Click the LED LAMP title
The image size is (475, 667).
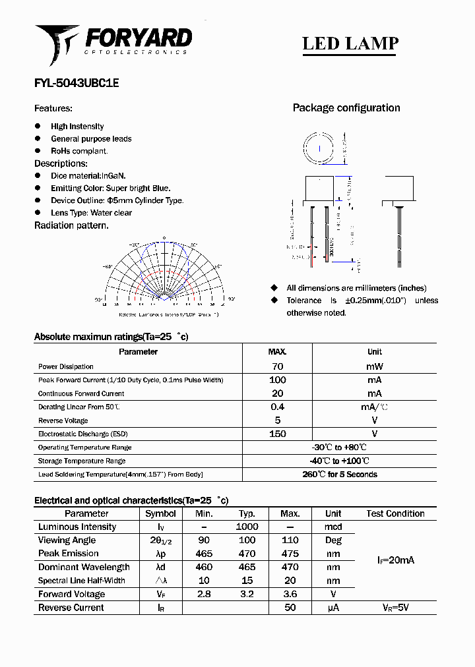(350, 43)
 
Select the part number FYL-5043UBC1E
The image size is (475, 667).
(77, 84)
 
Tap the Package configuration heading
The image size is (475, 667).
(346, 108)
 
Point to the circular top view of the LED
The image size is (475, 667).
(319, 149)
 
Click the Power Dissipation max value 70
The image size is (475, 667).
(277, 366)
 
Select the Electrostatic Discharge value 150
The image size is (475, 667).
(277, 434)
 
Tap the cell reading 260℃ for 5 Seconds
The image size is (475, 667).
(339, 475)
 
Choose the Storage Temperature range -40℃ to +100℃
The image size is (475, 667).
(339, 461)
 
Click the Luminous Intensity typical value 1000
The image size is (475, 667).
(247, 527)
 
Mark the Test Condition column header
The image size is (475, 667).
(395, 513)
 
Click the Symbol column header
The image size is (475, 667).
(160, 513)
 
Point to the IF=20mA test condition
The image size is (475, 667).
(395, 560)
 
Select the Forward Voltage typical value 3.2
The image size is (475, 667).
(247, 594)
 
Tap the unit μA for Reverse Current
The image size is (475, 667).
(333, 608)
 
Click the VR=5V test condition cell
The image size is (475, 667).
(395, 608)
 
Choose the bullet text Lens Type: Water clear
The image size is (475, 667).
(91, 213)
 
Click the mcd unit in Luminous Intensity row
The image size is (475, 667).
(333, 527)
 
